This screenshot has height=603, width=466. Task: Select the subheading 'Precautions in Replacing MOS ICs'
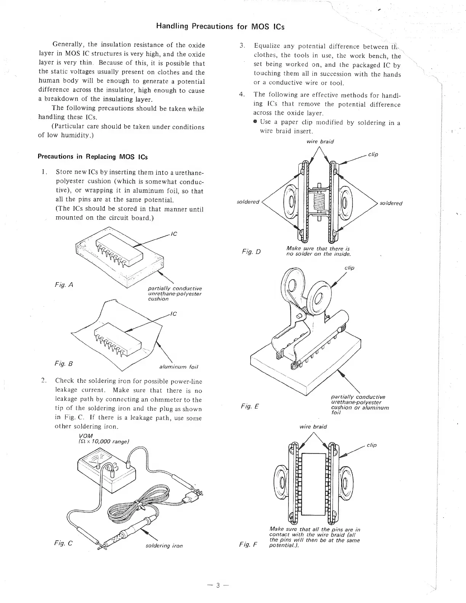click(x=93, y=157)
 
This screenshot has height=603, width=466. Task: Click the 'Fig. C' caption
click(x=64, y=543)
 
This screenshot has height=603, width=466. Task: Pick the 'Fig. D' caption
click(x=251, y=251)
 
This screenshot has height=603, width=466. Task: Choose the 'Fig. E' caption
click(x=250, y=406)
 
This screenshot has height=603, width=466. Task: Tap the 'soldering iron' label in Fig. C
click(x=164, y=546)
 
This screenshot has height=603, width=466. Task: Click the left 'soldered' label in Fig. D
click(x=248, y=202)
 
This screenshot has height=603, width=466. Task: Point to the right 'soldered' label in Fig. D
click(x=391, y=203)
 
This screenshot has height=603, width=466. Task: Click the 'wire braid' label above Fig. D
click(x=320, y=141)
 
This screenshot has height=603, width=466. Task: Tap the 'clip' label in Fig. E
click(x=349, y=268)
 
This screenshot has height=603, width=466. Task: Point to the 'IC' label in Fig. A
click(x=174, y=234)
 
